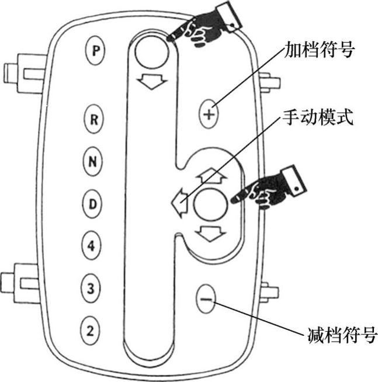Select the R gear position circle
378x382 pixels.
point(92,120)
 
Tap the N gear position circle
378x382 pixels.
point(92,162)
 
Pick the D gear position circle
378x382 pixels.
point(92,204)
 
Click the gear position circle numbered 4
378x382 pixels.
point(91,246)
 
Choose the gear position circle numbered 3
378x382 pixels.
point(90,288)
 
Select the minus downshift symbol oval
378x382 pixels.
point(204,299)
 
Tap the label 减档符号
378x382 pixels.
point(342,336)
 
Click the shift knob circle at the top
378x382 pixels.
point(151,52)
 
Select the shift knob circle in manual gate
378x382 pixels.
point(210,204)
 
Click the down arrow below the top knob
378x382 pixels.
point(151,83)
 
